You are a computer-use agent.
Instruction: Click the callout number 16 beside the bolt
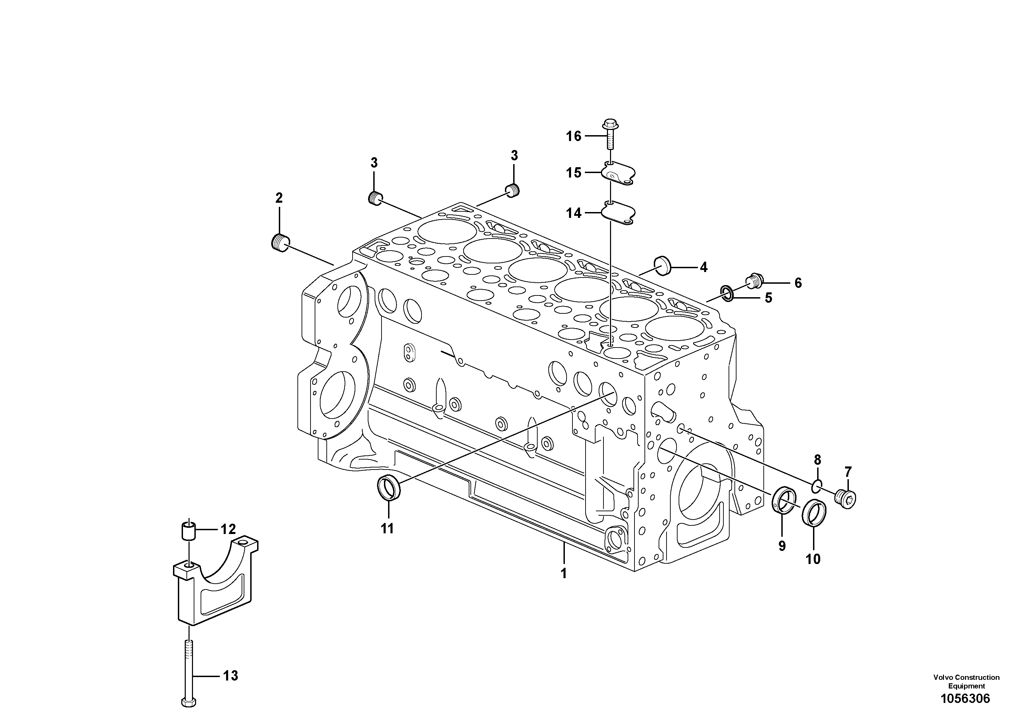tap(574, 136)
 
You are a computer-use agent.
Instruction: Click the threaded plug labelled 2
tap(280, 242)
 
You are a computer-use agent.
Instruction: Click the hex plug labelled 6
tap(755, 281)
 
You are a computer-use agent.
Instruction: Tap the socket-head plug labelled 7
tap(845, 499)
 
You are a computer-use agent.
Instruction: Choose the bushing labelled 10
tap(814, 513)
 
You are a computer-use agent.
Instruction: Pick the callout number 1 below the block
tap(563, 573)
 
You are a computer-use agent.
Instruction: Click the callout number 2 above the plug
tap(279, 198)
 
